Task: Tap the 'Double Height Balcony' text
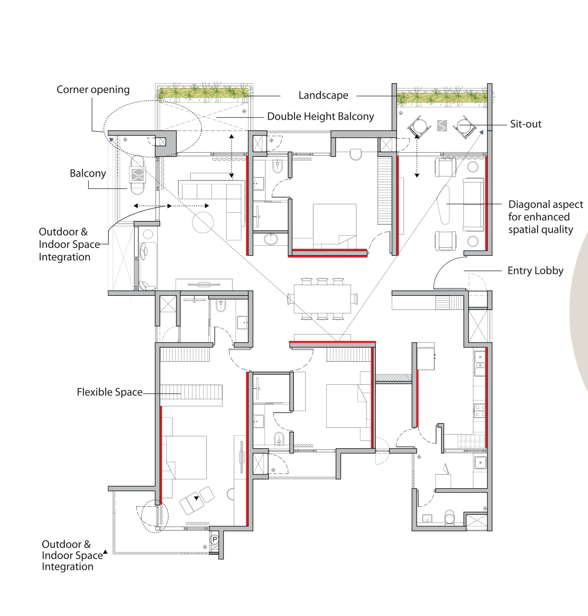pos(320,117)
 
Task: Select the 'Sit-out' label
pos(526,124)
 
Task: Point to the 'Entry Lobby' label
pos(535,271)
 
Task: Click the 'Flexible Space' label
pos(110,392)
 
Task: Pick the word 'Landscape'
pos(323,95)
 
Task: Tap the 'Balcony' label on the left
pos(88,173)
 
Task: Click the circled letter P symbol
pos(215,539)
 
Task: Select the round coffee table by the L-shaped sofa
pos(203,222)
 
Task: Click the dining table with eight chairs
pos(322,299)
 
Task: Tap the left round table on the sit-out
pos(418,127)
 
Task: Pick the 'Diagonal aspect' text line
pos(545,204)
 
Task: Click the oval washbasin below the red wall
pos(270,239)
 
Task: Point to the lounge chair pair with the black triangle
pos(197,500)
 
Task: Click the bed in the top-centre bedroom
pos(335,224)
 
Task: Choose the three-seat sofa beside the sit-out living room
pos(473,204)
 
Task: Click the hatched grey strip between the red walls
pos(393,378)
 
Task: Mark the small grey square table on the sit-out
pos(442,126)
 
